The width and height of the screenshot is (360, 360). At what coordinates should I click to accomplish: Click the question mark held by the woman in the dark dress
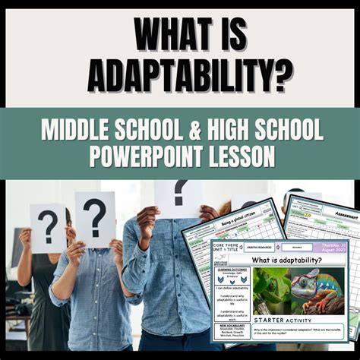click(47, 223)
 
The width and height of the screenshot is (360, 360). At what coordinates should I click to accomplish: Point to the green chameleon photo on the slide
click(272, 292)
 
